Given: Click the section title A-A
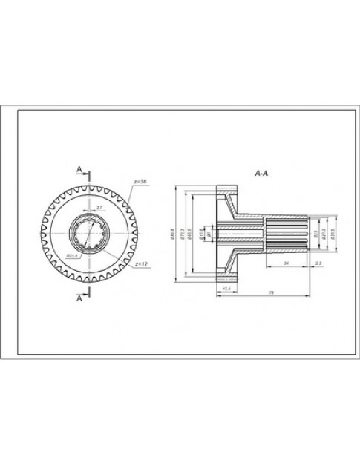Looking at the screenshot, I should point(261,173).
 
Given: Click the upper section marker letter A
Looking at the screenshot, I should point(79,170).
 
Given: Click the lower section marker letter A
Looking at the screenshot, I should point(79,300).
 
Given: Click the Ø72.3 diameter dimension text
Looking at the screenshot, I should point(183,235).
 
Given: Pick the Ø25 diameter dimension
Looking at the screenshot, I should point(316,234).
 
